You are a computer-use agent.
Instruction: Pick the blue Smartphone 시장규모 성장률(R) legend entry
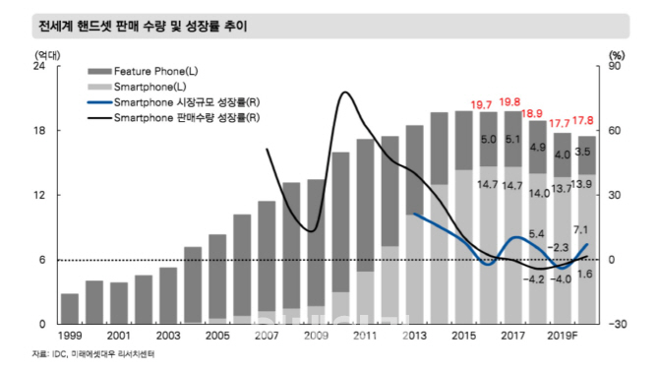coord(177,102)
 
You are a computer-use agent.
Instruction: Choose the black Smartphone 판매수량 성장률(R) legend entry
coord(177,117)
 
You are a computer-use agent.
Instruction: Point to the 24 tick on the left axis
coord(39,67)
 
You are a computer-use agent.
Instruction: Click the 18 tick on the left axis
coord(39,131)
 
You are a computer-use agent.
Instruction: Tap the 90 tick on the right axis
coord(617,67)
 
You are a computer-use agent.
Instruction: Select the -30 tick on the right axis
coord(617,324)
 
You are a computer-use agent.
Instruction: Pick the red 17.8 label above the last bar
coord(586,122)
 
